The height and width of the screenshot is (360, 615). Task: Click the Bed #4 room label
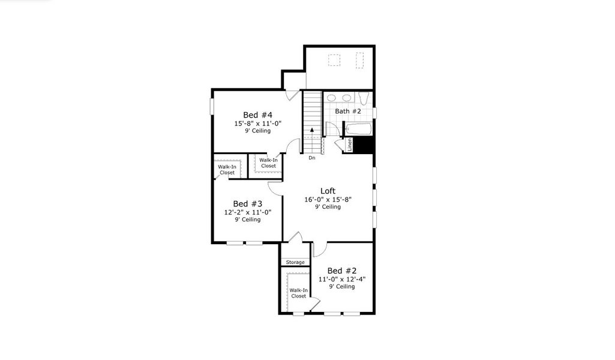pos(258,115)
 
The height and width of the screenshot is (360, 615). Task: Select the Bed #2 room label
pos(342,271)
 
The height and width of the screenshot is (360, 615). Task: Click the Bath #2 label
pos(348,111)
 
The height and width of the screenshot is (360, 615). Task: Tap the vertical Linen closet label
pos(349,145)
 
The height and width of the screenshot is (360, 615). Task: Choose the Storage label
pos(295,262)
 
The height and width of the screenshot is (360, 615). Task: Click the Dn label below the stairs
pos(312,158)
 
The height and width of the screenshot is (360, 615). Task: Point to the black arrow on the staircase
pos(312,130)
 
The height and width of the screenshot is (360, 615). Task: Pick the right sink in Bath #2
pos(347,98)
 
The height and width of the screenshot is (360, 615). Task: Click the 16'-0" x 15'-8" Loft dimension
pos(328,199)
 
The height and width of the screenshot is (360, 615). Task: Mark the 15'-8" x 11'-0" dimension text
pos(258,123)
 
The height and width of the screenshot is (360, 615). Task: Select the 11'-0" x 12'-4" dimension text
pos(342,279)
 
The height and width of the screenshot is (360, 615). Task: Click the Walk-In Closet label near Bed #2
pos(298,293)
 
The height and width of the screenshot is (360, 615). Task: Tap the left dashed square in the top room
pos(334,60)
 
